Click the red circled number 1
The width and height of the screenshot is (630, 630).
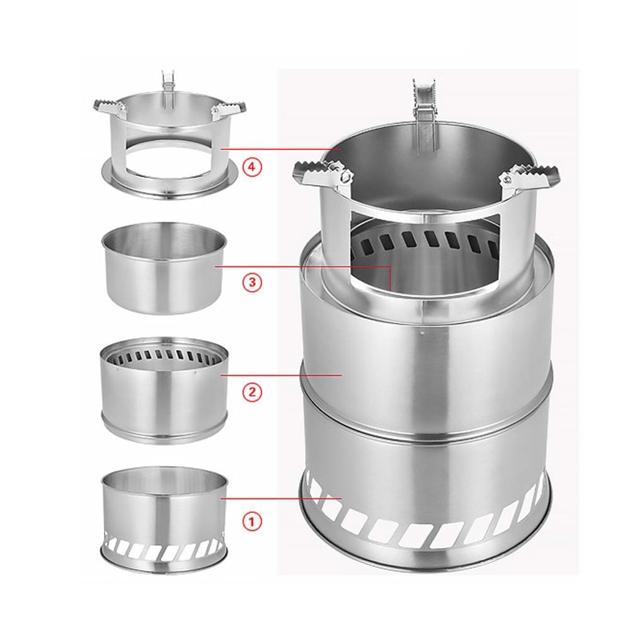252,522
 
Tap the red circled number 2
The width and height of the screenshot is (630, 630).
252,392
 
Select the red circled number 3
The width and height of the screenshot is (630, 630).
252,282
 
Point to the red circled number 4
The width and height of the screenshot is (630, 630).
252,168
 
